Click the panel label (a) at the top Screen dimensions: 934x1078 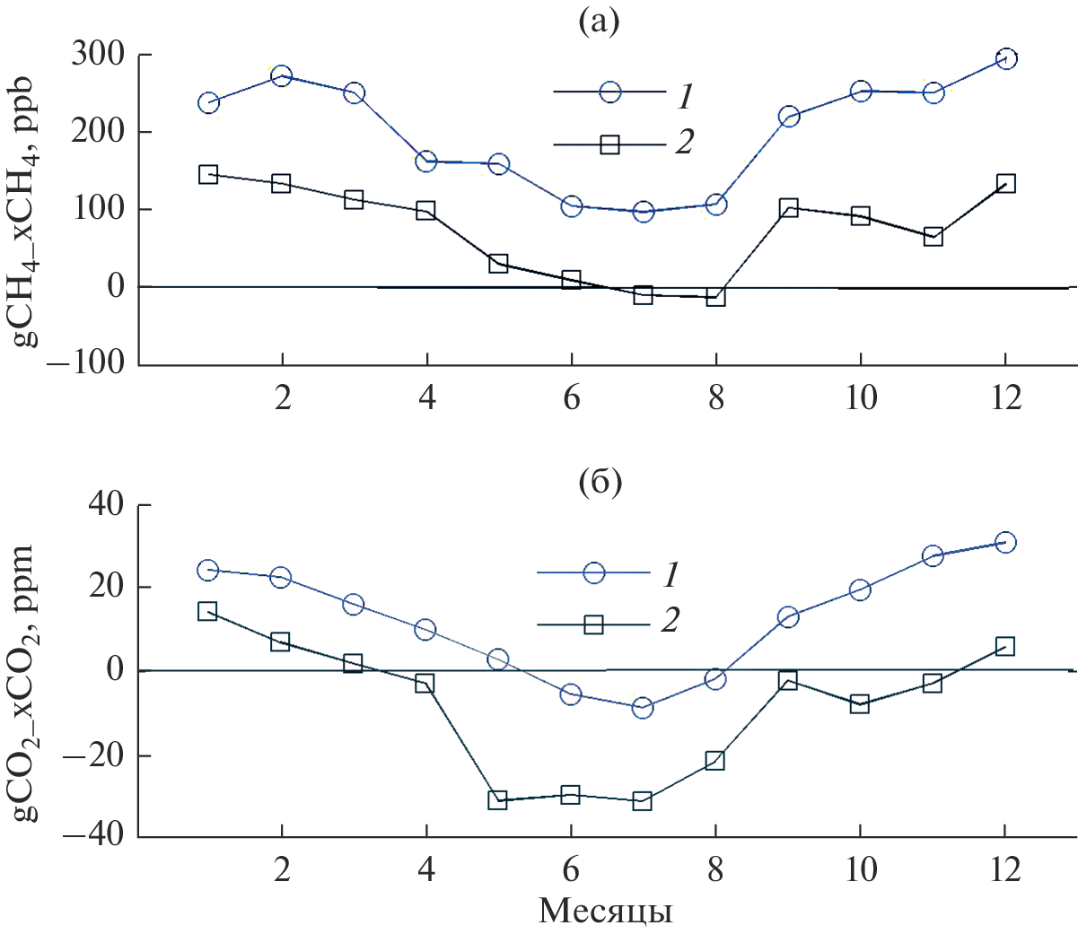[599, 22]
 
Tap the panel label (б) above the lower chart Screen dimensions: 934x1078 [599, 482]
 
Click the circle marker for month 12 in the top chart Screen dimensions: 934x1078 [1006, 59]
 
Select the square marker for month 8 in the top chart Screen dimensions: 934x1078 [715, 297]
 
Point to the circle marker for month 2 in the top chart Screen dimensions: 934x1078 [282, 76]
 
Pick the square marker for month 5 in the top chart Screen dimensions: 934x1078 [499, 264]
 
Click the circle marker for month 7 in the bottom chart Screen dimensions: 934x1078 [643, 708]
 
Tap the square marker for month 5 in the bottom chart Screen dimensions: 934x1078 [498, 800]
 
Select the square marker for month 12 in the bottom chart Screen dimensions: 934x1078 [1005, 646]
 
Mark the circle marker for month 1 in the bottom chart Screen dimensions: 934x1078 [208, 570]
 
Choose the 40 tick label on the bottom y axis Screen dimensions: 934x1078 [106, 505]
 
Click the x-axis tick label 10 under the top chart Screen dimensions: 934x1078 [861, 397]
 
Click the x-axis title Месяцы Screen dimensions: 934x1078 [606, 912]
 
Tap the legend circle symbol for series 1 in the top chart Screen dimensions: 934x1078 [609, 92]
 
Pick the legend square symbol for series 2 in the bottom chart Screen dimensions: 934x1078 [593, 624]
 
